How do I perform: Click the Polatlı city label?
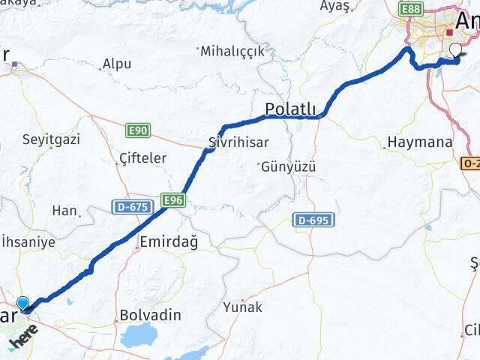(x=291, y=109)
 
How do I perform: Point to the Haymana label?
(x=420, y=142)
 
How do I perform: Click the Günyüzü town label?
(x=289, y=166)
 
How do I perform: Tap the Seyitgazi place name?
(x=51, y=139)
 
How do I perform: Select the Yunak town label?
(x=243, y=307)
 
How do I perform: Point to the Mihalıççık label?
(x=232, y=51)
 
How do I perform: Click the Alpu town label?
(x=117, y=64)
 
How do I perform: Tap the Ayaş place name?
(x=335, y=6)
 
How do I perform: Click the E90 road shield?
(x=139, y=130)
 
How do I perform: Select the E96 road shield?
(x=172, y=200)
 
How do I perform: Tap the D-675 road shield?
(x=128, y=205)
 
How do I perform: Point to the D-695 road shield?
(x=313, y=220)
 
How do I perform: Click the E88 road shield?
(x=410, y=8)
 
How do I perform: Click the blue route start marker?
(x=24, y=304)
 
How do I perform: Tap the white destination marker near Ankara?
(x=455, y=51)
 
